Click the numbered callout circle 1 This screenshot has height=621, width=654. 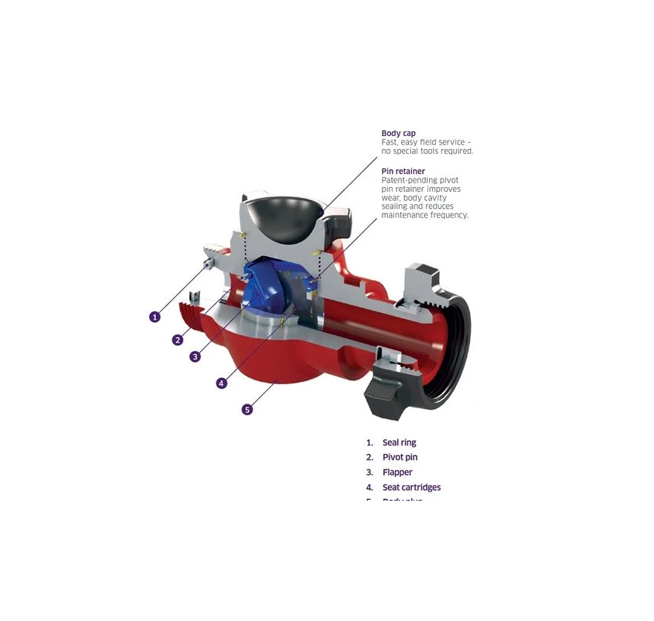[155, 317]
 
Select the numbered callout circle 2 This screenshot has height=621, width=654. [178, 339]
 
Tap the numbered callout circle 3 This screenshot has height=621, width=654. [196, 356]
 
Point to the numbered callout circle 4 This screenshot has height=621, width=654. [221, 383]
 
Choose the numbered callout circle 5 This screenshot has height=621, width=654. [247, 409]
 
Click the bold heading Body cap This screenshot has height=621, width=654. [398, 134]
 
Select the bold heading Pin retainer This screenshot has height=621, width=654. [403, 171]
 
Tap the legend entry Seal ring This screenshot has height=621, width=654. [399, 442]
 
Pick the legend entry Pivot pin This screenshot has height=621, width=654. [400, 457]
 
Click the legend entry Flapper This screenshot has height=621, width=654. [397, 472]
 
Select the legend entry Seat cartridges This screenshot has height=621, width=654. [411, 487]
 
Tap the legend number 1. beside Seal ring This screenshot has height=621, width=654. [370, 442]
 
